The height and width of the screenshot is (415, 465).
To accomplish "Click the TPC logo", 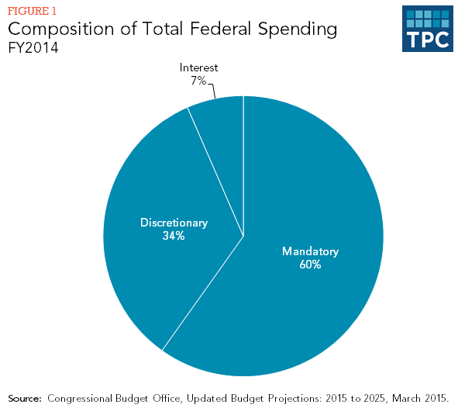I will (x=427, y=29).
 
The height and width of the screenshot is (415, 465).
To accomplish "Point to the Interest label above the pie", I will (x=199, y=67).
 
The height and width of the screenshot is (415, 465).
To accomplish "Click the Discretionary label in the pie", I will (x=174, y=223).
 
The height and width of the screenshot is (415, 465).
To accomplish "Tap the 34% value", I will (x=174, y=236).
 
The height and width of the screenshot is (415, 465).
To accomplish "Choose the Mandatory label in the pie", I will (x=311, y=251).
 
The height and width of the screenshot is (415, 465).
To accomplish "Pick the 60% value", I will (x=311, y=265).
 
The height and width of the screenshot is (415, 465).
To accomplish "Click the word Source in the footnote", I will (x=24, y=399).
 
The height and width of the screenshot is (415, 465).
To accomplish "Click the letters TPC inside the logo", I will (x=427, y=39).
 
